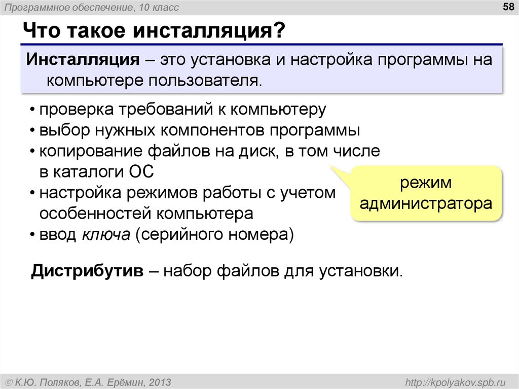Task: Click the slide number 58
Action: [507, 7]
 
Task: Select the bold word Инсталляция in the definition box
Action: [84, 59]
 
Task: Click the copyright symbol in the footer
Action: [9, 382]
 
